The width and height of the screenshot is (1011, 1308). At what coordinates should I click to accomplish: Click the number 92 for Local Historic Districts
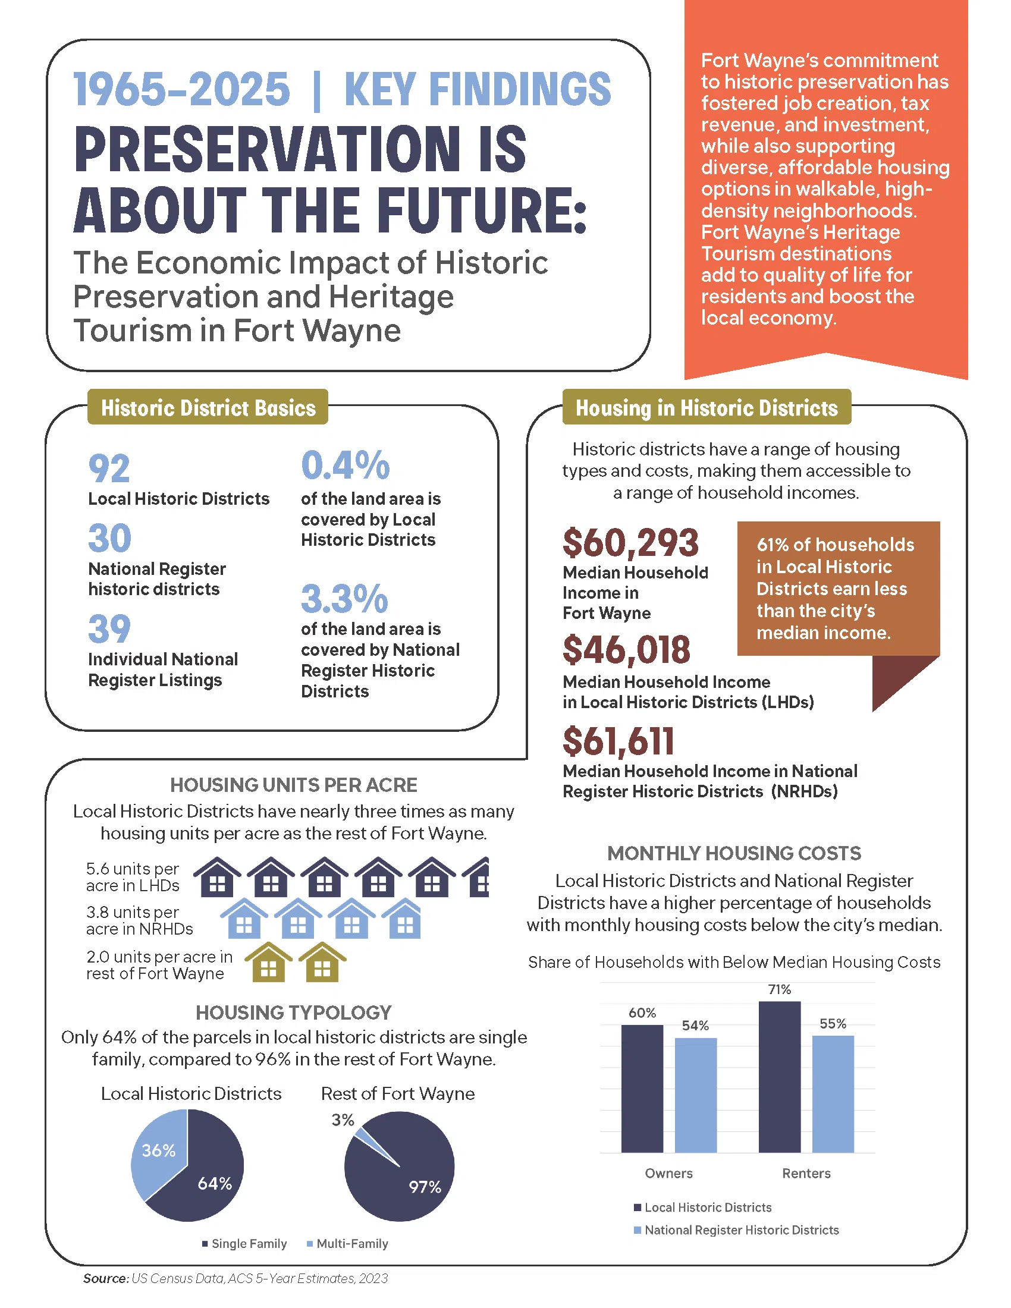point(109,469)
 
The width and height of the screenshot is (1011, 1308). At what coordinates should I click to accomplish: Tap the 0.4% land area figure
point(345,466)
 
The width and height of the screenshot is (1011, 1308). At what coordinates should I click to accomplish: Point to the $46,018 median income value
point(626,650)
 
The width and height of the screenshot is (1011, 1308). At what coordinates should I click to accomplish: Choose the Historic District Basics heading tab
point(208,407)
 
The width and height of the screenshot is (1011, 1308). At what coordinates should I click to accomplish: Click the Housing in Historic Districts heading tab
point(706,407)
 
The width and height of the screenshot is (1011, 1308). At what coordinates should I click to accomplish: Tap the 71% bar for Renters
point(779,1078)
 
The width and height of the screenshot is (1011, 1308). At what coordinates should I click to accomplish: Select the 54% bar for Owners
point(695,1095)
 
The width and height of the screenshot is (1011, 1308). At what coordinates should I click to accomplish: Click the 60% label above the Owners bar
point(642,1013)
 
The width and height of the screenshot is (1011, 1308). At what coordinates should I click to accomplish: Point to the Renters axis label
point(806,1173)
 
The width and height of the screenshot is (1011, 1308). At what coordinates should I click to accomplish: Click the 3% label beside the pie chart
point(343,1120)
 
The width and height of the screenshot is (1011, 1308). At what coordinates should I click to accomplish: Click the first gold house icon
point(268,963)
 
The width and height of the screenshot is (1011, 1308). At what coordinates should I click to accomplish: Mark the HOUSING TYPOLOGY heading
point(293,1012)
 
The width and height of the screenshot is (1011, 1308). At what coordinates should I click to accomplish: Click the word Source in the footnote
point(105,1278)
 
